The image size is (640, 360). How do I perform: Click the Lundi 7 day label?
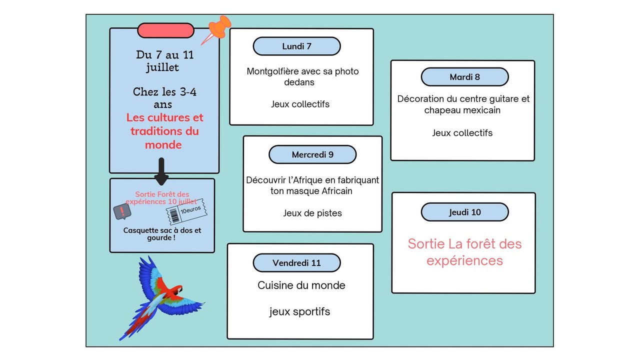pyautogui.click(x=296, y=46)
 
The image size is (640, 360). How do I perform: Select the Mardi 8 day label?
pyautogui.click(x=464, y=77)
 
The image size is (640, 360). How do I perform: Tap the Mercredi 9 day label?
pyautogui.click(x=312, y=154)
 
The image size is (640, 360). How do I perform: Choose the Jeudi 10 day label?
pyautogui.click(x=464, y=212)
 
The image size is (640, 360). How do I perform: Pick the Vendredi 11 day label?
pyautogui.click(x=296, y=263)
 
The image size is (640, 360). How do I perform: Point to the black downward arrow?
pyautogui.click(x=161, y=171)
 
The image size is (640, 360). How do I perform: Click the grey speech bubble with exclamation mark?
pyautogui.click(x=121, y=212)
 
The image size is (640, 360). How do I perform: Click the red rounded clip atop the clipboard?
pyautogui.click(x=165, y=30)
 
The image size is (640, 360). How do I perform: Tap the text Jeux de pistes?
pyautogui.click(x=312, y=213)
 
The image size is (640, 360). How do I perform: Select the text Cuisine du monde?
pyautogui.click(x=301, y=285)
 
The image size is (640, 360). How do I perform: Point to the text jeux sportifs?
pyautogui.click(x=299, y=311)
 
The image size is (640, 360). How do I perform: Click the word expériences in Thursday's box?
pyautogui.click(x=464, y=260)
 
